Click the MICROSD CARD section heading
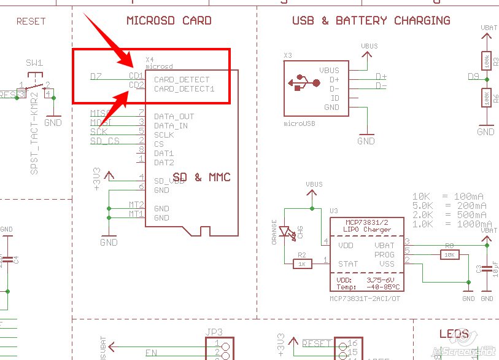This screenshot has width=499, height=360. (x=169, y=20)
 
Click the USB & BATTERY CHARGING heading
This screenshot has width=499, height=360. (x=371, y=20)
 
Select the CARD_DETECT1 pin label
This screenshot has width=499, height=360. (x=184, y=89)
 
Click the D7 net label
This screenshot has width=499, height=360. (x=96, y=77)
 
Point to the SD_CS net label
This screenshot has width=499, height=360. (x=104, y=141)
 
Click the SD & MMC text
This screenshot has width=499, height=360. (x=201, y=177)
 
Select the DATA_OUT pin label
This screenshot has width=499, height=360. (x=174, y=116)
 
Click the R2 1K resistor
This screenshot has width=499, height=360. (x=301, y=264)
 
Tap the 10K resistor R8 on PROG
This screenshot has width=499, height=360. (x=449, y=254)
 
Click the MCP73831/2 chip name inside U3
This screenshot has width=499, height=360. (x=366, y=222)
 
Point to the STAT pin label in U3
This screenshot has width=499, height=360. (x=347, y=264)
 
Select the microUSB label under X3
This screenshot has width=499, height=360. (x=300, y=123)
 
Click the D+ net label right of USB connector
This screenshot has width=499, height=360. (x=381, y=77)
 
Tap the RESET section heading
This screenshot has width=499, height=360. (x=31, y=21)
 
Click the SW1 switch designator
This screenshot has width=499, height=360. (x=34, y=63)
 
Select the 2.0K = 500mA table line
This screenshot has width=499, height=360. (x=449, y=215)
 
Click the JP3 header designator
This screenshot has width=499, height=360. (x=214, y=332)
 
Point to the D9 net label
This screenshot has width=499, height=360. (x=473, y=76)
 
